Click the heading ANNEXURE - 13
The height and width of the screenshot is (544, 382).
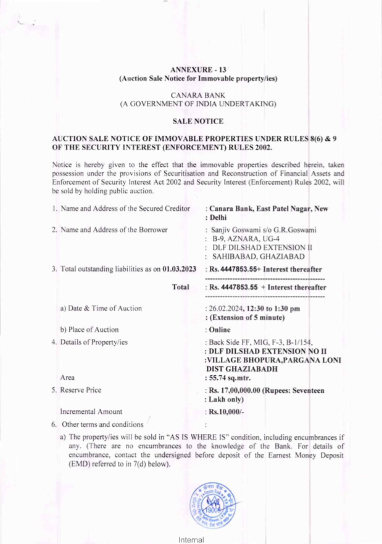point(198,70)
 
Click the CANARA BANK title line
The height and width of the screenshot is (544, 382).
point(198,95)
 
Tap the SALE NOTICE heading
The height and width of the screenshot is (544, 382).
point(198,121)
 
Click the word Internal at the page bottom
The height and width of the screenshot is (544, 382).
point(191,540)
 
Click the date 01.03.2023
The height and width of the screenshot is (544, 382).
point(179,269)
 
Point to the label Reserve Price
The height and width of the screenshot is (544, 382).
point(81,390)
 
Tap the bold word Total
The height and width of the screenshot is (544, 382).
point(181,287)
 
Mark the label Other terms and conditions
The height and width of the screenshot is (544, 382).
point(102,424)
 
